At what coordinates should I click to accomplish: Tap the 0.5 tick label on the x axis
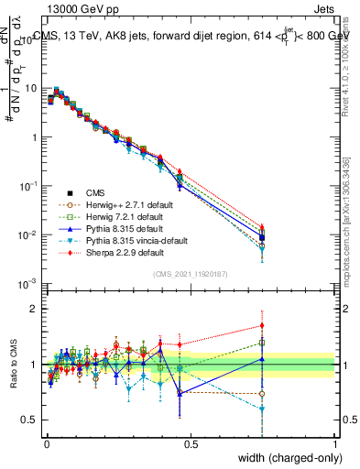click(x=191, y=444)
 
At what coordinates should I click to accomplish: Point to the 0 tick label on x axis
click(x=46, y=444)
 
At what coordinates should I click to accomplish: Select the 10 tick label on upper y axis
click(x=29, y=89)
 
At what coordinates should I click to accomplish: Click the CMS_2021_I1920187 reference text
click(x=191, y=273)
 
